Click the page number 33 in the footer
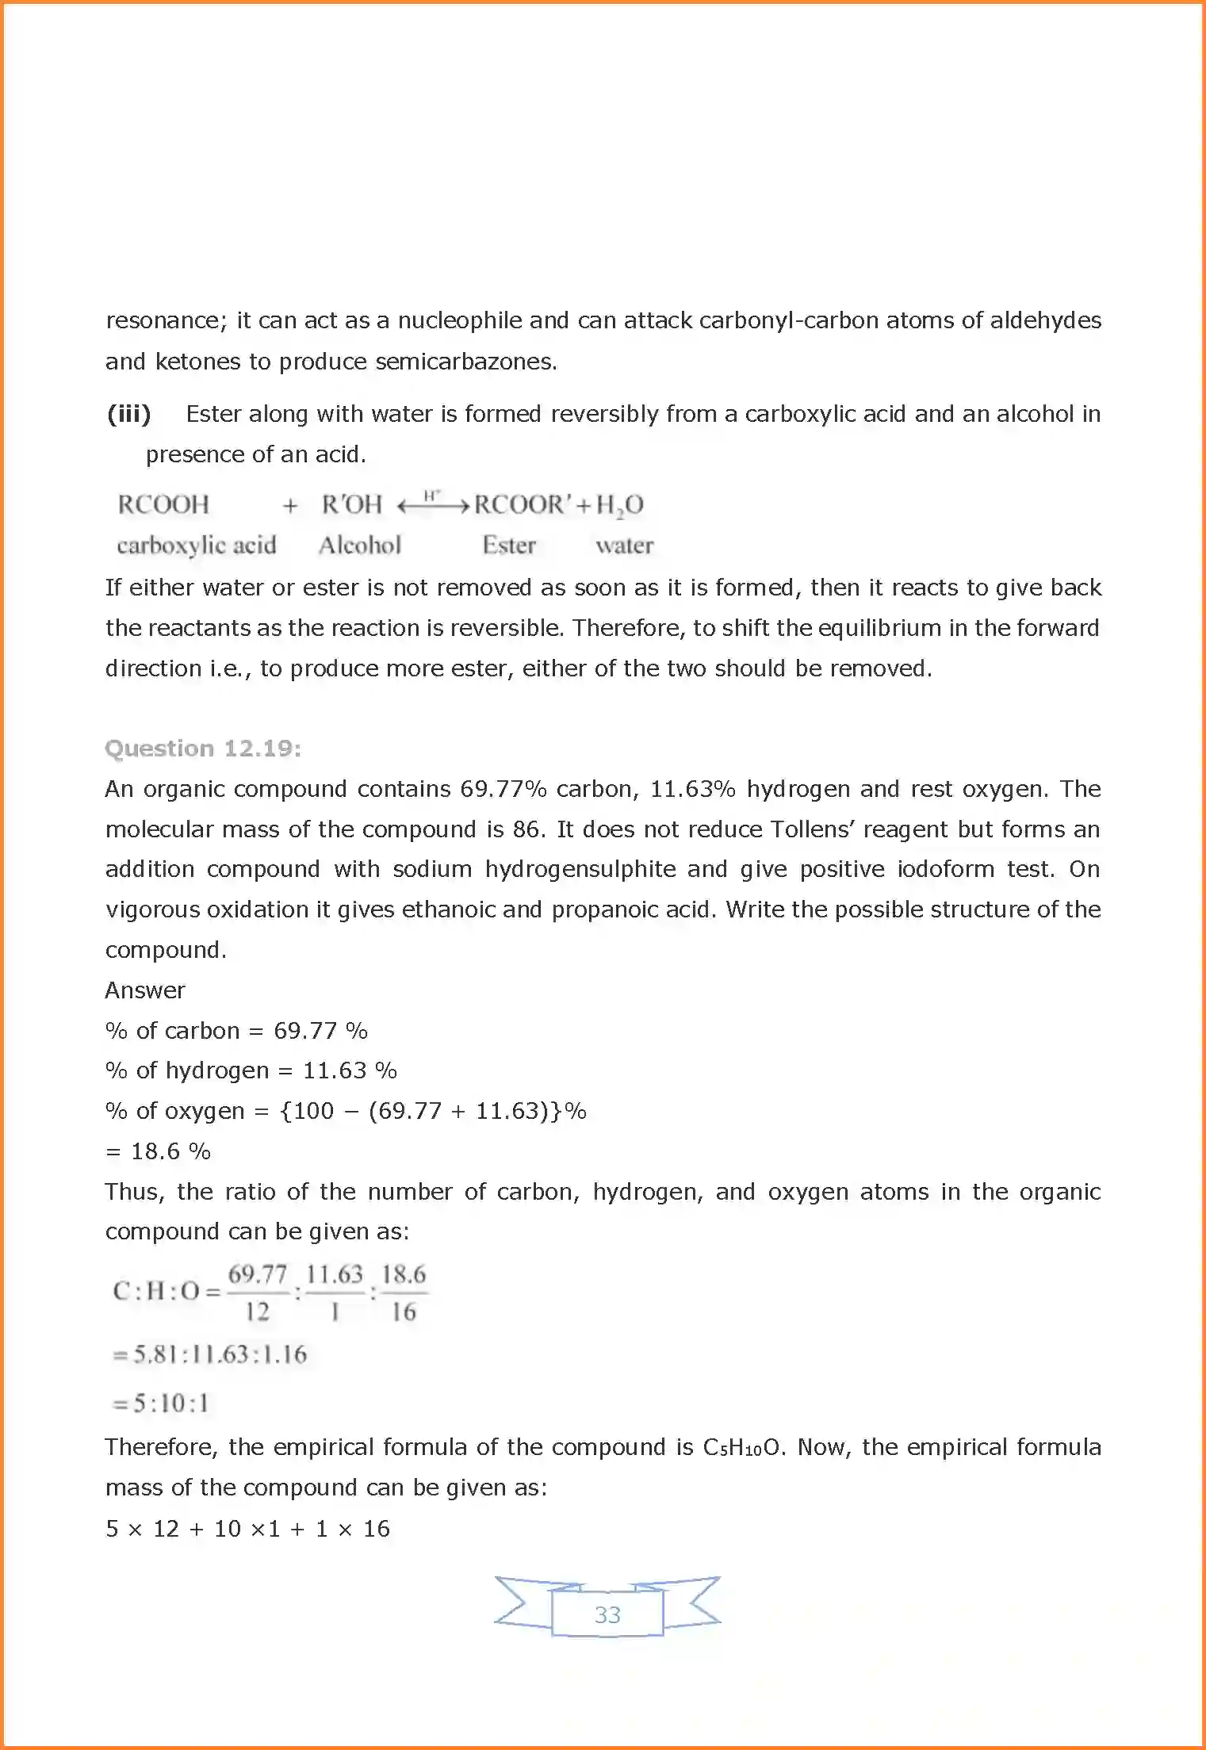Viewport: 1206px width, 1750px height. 607,1614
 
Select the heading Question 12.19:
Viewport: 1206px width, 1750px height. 203,749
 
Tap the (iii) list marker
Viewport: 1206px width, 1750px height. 129,414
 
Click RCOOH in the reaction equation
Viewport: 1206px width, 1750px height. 163,504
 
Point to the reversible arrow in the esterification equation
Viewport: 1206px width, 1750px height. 433,505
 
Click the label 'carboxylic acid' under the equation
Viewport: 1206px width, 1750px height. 197,546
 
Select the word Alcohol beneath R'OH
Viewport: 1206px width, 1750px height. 360,546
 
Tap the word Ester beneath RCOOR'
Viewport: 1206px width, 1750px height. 509,546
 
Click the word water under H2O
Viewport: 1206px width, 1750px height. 625,546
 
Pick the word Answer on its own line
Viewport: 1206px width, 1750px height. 145,990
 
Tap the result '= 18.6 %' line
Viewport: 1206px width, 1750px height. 159,1151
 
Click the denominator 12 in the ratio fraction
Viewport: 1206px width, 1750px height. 258,1312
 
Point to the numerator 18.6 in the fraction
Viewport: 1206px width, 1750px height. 404,1274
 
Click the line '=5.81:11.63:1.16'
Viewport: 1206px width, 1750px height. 209,1354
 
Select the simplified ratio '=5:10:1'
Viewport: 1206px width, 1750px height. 161,1403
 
